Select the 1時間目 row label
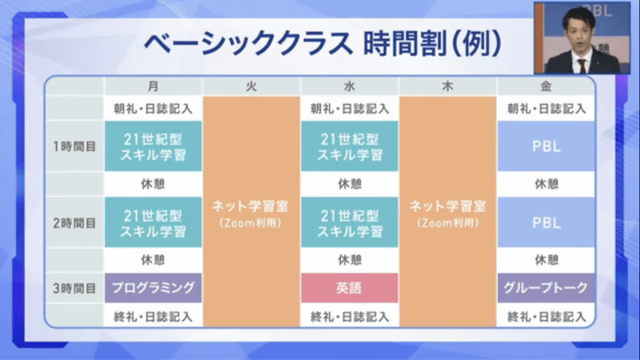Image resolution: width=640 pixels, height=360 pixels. pos(74,146)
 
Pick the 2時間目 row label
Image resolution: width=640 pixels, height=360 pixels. pos(74,222)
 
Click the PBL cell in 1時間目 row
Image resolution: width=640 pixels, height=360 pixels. pos(546,146)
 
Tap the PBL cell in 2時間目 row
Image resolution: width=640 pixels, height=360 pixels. pos(546,222)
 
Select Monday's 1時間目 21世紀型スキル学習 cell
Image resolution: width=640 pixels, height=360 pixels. pos(153,146)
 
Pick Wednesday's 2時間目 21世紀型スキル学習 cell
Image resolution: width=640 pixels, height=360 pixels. pos(349,222)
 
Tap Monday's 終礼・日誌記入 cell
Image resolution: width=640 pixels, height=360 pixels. pos(153,316)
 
